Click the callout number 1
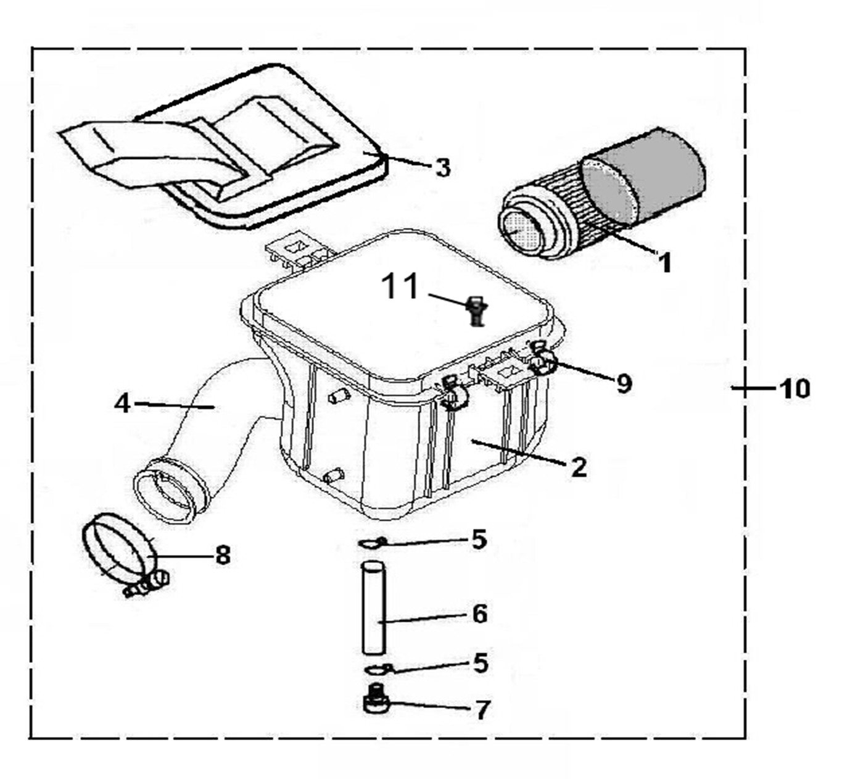(x=666, y=262)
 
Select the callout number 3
(x=443, y=168)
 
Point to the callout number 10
(x=794, y=388)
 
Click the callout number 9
(x=624, y=383)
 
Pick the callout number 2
(x=579, y=467)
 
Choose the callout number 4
(x=123, y=403)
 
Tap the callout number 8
(x=223, y=555)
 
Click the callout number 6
(x=479, y=614)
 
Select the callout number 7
(x=481, y=709)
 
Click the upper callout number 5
(x=479, y=539)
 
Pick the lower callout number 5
(x=481, y=663)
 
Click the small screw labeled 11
(x=477, y=311)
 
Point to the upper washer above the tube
(x=372, y=542)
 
